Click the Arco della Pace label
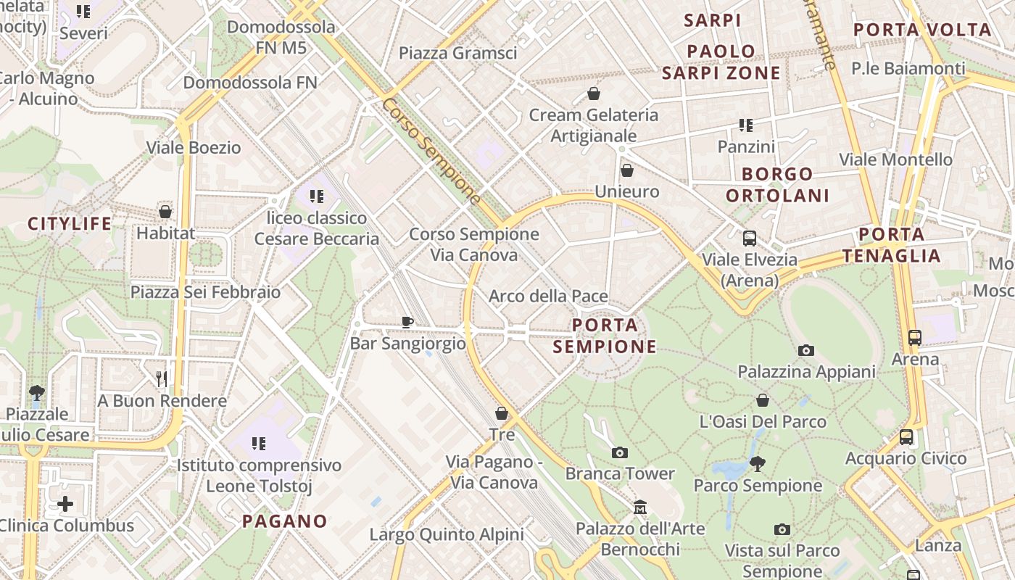point(548,296)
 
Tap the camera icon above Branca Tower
point(620,452)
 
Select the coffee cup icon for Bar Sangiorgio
point(407,322)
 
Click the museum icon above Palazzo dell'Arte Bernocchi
point(639,507)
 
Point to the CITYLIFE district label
point(70,223)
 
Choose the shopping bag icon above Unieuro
point(627,170)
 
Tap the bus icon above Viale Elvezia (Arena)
point(750,238)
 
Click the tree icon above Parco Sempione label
point(758,463)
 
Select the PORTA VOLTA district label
point(922,30)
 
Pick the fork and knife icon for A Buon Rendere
point(162,378)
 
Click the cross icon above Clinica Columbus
point(65,503)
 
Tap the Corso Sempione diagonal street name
point(431,150)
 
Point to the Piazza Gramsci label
point(457,53)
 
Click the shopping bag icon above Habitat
point(165,212)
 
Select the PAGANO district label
point(285,521)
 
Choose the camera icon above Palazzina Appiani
point(805,351)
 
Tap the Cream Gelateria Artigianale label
point(594,125)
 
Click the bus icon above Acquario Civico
point(906,437)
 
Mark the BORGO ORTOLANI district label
point(777,185)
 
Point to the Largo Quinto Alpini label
point(447,534)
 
